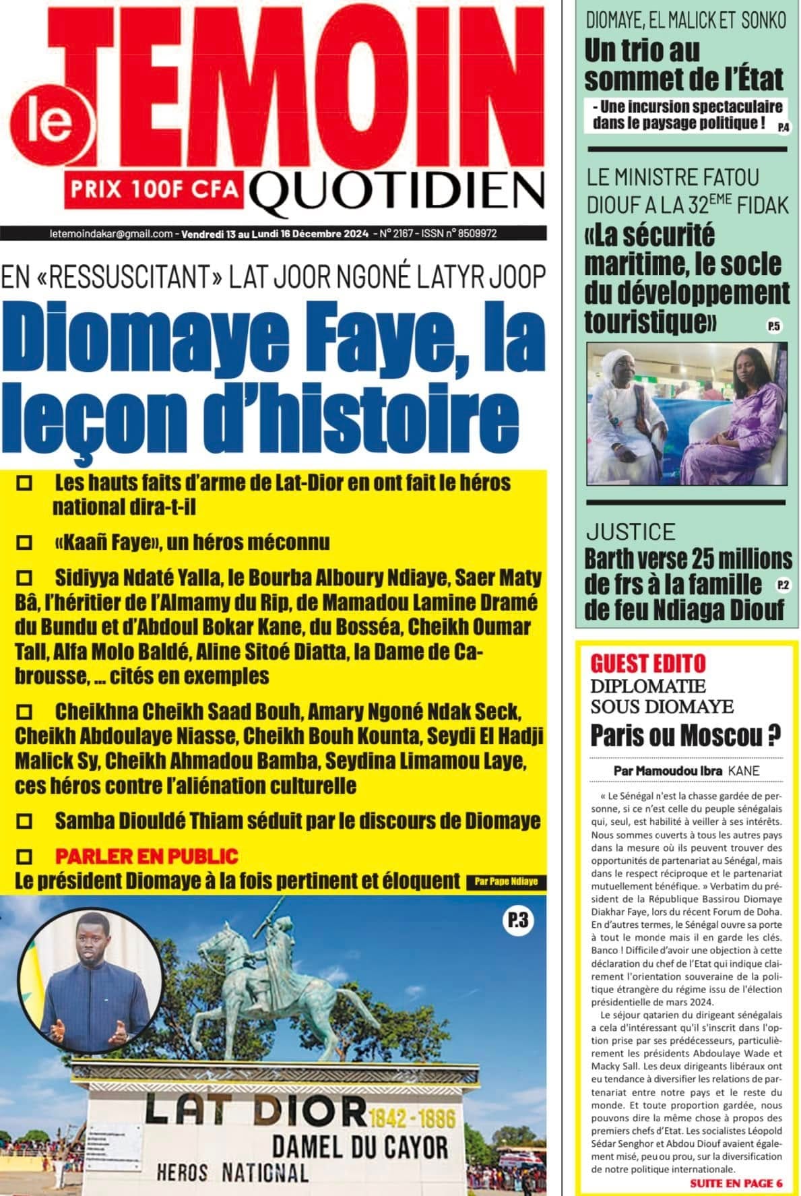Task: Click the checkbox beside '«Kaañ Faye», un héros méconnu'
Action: tap(26, 542)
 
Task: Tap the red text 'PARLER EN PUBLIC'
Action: tap(147, 856)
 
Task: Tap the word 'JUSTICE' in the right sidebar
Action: tap(630, 532)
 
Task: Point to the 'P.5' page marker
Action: tap(773, 327)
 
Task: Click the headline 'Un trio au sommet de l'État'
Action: tap(684, 65)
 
